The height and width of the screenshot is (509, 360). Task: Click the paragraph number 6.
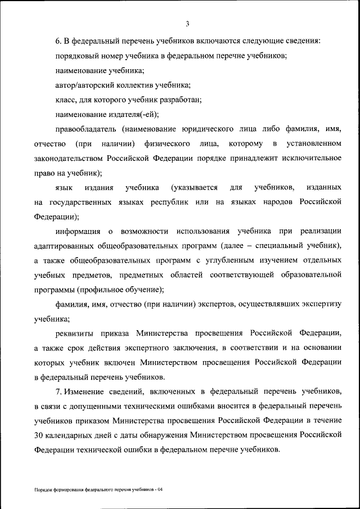pyautogui.click(x=58, y=42)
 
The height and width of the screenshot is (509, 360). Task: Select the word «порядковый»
pyautogui.click(x=76, y=56)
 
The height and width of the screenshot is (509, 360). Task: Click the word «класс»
pyautogui.click(x=66, y=100)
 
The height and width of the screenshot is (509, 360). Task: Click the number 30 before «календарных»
pyautogui.click(x=39, y=435)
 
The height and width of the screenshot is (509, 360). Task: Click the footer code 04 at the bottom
pyautogui.click(x=160, y=490)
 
